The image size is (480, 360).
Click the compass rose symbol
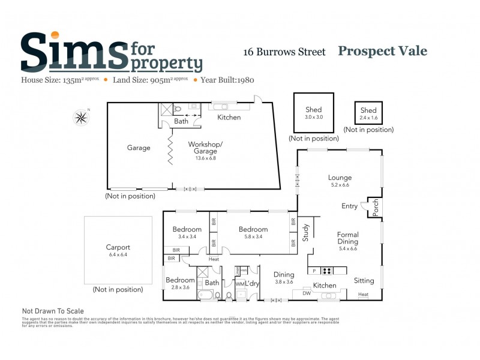tap(80, 117)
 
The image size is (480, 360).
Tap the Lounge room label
tap(340, 178)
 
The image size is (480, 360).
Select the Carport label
tap(118, 247)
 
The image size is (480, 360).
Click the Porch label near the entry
tap(376, 208)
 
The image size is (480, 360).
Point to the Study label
tap(305, 232)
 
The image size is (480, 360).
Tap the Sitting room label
tap(364, 280)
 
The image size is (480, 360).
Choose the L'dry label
tap(251, 283)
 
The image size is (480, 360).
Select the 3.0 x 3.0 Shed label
tap(313, 110)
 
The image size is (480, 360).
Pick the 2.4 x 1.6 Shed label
tap(368, 110)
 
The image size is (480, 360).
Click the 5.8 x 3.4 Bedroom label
tap(253, 229)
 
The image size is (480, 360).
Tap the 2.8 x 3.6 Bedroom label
tap(180, 280)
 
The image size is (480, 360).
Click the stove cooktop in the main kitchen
tap(327, 271)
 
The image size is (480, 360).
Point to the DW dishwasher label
tap(307, 293)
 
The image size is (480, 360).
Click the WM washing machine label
tap(239, 284)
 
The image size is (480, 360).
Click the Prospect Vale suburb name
tap(382, 51)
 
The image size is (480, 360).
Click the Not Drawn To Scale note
tap(53, 311)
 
